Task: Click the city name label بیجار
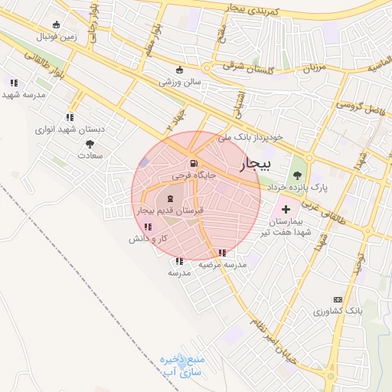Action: [x=254, y=164]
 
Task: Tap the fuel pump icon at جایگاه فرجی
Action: [x=193, y=163]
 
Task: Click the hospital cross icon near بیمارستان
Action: [x=286, y=209]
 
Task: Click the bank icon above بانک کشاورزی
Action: [x=337, y=299]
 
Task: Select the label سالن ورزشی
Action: [x=181, y=80]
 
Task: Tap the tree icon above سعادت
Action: [x=90, y=143]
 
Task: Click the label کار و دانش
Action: [x=148, y=239]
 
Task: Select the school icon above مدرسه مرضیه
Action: [x=222, y=253]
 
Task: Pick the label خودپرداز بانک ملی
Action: [x=250, y=137]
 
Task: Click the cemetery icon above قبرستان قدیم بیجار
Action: [x=170, y=198]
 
